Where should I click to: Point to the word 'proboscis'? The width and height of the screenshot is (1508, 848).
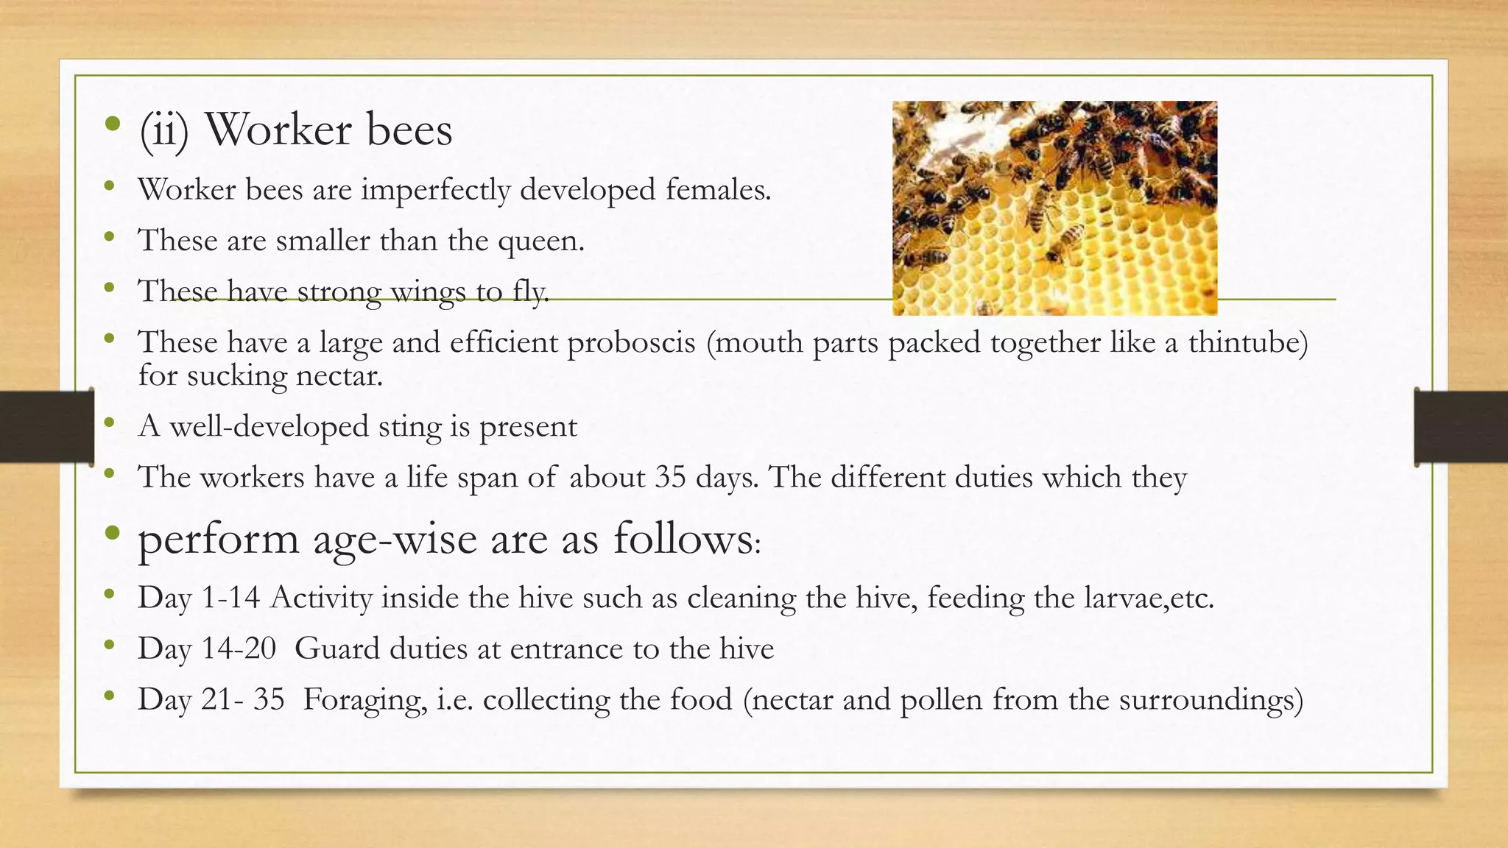coord(631,342)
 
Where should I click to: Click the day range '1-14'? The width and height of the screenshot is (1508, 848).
coord(230,597)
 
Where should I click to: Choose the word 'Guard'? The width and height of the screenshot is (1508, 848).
coord(337,649)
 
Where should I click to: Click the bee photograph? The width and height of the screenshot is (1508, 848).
coord(1054,208)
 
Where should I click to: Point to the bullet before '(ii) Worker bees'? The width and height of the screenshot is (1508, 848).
coord(112,124)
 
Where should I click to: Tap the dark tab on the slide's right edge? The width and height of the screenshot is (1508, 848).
coord(1461,427)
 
